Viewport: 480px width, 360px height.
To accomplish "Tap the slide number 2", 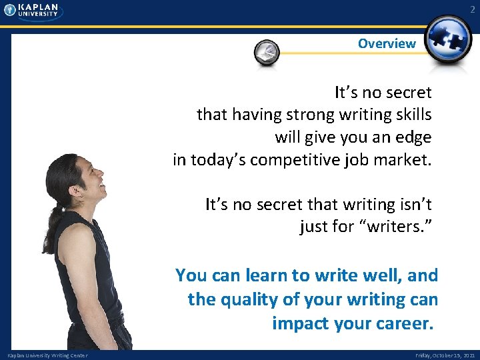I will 473,9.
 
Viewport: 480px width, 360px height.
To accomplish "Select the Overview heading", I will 386,44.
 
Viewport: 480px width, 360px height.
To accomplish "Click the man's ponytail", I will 51,220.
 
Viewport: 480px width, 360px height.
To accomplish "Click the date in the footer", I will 445,355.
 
